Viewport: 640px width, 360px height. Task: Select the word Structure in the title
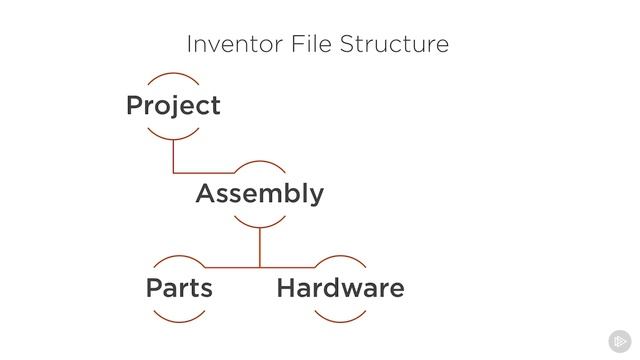(394, 45)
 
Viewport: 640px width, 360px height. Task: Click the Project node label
(173, 106)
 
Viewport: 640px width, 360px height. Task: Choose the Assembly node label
(259, 194)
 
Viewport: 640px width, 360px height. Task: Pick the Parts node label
(179, 289)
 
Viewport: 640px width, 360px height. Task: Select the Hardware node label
(340, 289)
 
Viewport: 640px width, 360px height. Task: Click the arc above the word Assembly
(259, 162)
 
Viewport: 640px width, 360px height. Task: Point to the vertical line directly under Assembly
(260, 245)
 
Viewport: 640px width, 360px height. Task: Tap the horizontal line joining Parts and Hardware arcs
(260, 267)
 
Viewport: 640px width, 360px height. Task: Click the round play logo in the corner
(619, 340)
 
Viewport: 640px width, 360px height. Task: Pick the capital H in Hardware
(286, 289)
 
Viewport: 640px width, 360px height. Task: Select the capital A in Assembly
(206, 194)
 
